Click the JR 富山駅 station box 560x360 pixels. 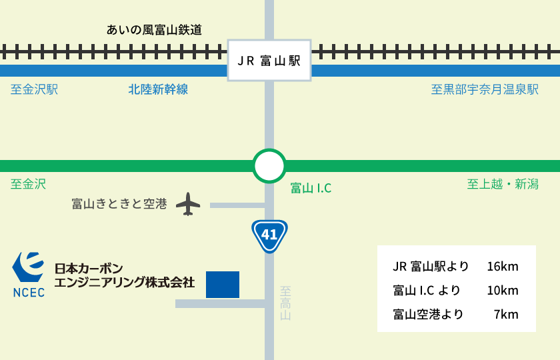point(269,61)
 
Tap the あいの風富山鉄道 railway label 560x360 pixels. point(154,29)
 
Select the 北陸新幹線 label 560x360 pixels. point(158,89)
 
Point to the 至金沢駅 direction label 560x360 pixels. point(35,89)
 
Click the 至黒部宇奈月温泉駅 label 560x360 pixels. point(485,89)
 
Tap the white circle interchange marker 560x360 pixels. point(269,166)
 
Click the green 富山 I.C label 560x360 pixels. point(311,189)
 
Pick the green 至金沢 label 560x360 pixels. point(29,184)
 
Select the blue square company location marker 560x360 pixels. point(222,284)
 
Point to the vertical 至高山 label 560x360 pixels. point(285,303)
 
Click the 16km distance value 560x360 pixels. point(502,267)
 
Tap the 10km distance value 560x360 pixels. point(502,291)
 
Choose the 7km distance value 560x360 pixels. point(506,314)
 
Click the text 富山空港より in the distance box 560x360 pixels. point(428,314)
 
